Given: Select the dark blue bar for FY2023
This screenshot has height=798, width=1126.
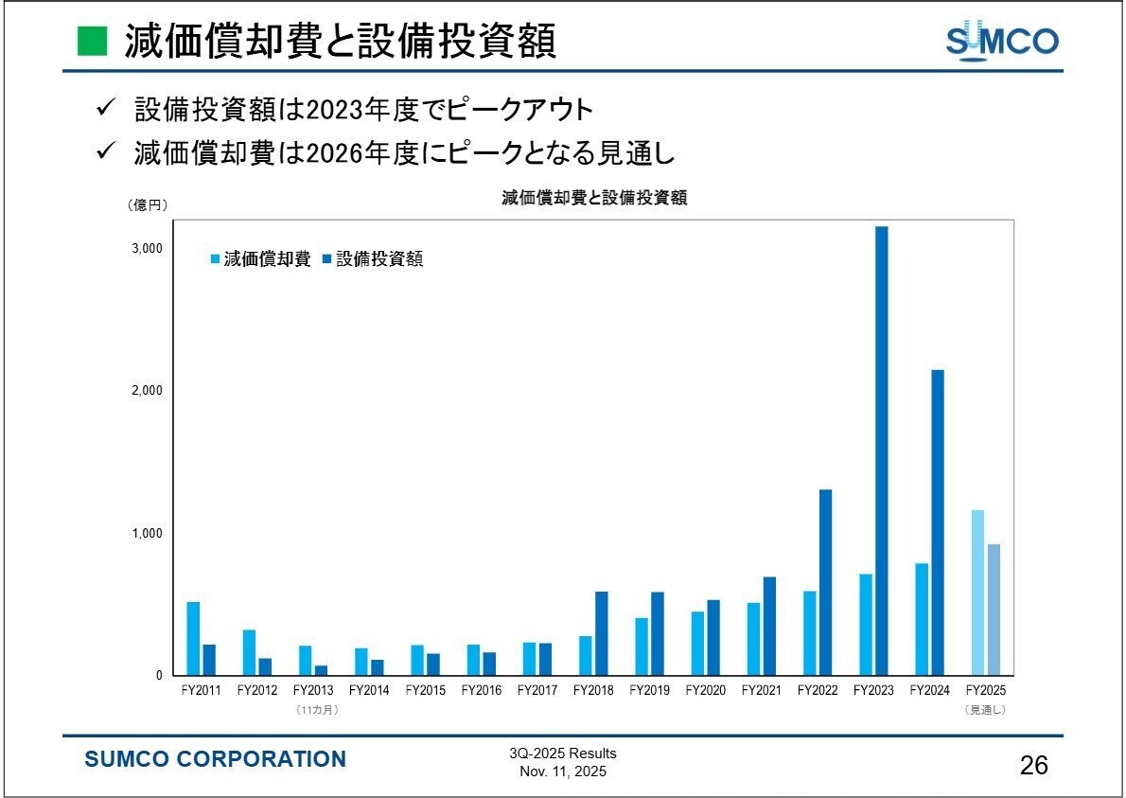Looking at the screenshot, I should click(881, 451).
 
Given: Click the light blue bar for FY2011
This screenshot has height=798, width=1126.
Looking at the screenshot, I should click(193, 638).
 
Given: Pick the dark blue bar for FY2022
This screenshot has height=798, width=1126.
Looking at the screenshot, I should click(825, 582).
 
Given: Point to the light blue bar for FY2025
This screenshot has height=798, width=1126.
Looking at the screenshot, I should click(977, 593).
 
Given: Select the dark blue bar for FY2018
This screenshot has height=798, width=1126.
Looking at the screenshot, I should click(601, 633).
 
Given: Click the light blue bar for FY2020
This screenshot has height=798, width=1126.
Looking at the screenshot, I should click(697, 644).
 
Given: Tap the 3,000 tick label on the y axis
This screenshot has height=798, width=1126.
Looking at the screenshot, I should click(148, 248).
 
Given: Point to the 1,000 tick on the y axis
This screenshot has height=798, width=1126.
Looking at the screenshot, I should click(148, 533).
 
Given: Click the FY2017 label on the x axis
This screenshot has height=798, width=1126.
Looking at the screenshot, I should click(537, 690).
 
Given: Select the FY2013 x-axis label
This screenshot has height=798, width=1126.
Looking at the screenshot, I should click(313, 690).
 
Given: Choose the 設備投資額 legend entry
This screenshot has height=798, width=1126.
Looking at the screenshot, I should click(373, 259).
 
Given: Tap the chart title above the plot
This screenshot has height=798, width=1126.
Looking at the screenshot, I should click(594, 199).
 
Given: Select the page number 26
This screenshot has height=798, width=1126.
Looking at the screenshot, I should click(1034, 766).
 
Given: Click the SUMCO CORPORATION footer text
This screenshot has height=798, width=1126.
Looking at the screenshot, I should click(216, 759).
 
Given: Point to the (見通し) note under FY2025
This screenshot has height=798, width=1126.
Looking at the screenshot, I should click(985, 709).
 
